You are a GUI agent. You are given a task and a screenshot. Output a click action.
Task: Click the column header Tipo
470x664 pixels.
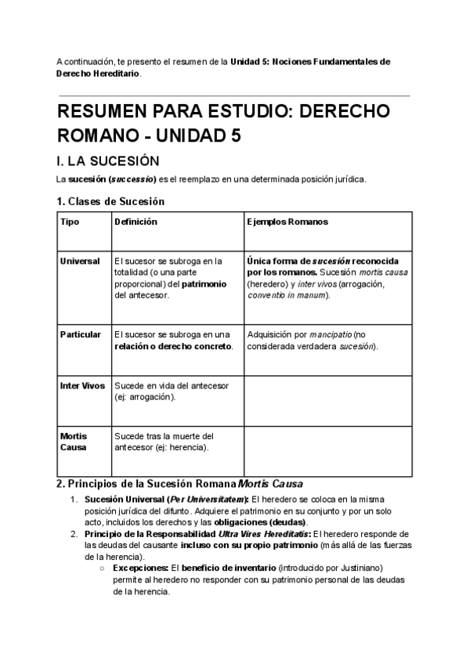pyautogui.click(x=70, y=222)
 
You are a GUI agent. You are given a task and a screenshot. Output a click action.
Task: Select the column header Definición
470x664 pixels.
pyautogui.click(x=136, y=222)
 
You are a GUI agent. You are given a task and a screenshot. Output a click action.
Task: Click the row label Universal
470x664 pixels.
pyautogui.click(x=80, y=261)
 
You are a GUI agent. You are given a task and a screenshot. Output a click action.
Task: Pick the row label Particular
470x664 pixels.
pyautogui.click(x=81, y=334)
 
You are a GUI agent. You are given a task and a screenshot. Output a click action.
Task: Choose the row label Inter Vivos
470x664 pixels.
pyautogui.click(x=82, y=386)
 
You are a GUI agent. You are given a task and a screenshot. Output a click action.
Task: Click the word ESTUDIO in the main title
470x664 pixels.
pyautogui.click(x=237, y=111)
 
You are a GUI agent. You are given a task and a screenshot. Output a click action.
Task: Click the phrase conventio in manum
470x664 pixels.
pyautogui.click(x=287, y=295)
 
